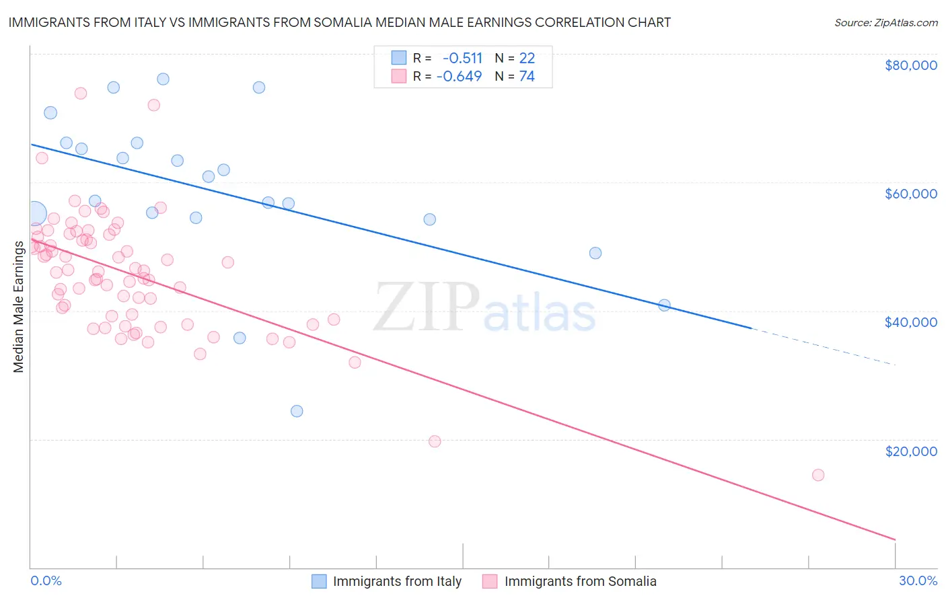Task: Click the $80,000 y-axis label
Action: pos(910,65)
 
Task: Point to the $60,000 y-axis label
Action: pos(910,194)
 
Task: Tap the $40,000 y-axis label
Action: pos(910,322)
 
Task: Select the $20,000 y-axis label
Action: pos(910,451)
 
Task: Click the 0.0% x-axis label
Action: pos(46,580)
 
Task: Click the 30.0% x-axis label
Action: pos(918,580)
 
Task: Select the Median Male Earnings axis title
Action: pos(18,306)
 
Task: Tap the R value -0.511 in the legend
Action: pos(462,58)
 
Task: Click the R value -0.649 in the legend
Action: pos(460,76)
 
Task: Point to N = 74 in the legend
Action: pos(515,76)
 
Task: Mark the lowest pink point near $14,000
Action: pos(818,475)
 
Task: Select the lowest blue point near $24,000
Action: pos(297,411)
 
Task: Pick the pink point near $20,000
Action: pos(435,441)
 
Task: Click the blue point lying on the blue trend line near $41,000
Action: pos(665,305)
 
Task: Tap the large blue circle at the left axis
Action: pos(35,214)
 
